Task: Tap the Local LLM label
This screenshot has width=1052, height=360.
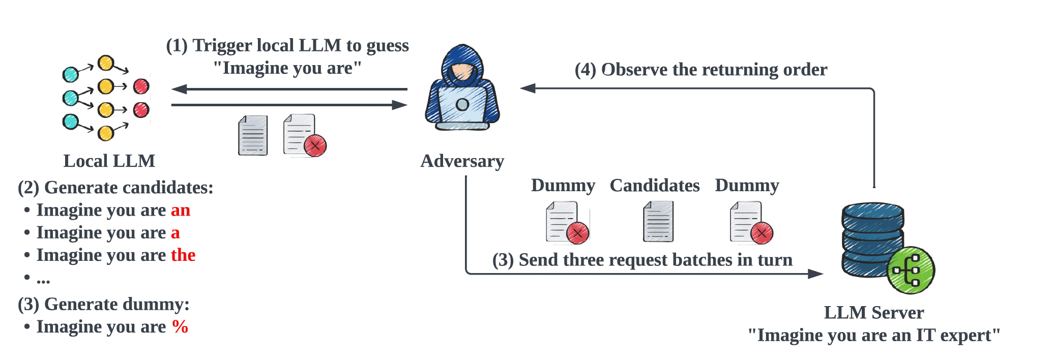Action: click(x=109, y=161)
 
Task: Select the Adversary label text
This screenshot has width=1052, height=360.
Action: click(x=462, y=161)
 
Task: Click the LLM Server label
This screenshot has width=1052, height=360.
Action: click(x=873, y=312)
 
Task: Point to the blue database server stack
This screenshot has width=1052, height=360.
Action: click(x=872, y=239)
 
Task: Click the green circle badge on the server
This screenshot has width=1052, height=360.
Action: click(x=911, y=270)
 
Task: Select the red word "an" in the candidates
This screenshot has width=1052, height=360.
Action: click(x=181, y=210)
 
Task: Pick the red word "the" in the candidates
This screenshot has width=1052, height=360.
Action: click(x=183, y=255)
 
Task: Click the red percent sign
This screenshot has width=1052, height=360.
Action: click(x=180, y=326)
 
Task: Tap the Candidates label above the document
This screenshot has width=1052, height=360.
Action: click(x=655, y=186)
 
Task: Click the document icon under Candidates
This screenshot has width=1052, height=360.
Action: click(x=658, y=221)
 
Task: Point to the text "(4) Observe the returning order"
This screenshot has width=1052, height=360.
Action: click(x=700, y=70)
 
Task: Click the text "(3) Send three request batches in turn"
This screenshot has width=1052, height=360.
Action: click(x=642, y=260)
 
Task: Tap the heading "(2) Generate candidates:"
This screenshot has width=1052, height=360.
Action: click(x=115, y=188)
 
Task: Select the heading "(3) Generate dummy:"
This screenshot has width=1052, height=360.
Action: click(x=103, y=304)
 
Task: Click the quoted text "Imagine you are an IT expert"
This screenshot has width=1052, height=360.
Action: click(x=873, y=335)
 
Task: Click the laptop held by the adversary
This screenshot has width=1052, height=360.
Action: click(x=462, y=105)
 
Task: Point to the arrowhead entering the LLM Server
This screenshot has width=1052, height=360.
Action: click(x=815, y=274)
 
